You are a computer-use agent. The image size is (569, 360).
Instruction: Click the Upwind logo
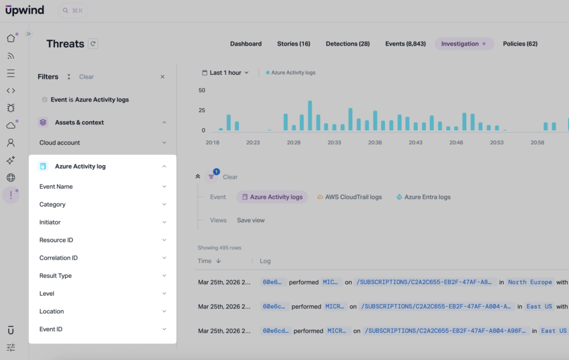pyautogui.click(x=24, y=10)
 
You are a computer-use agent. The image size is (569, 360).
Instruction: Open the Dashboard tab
pyautogui.click(x=246, y=44)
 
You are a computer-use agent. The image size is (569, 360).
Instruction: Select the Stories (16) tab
pyautogui.click(x=293, y=44)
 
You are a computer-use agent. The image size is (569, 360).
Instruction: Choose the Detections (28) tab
pyautogui.click(x=347, y=44)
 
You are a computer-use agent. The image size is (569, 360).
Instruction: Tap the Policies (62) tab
pyautogui.click(x=520, y=44)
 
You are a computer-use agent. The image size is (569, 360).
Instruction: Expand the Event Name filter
pyautogui.click(x=102, y=187)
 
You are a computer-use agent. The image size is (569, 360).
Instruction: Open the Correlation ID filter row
pyautogui.click(x=102, y=258)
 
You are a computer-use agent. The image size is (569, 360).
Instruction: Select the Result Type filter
pyautogui.click(x=102, y=276)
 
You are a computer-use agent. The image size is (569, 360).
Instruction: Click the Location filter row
pyautogui.click(x=102, y=311)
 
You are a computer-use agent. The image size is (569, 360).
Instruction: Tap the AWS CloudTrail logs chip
pyautogui.click(x=350, y=197)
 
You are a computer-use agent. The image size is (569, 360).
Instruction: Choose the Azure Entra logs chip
pyautogui.click(x=423, y=197)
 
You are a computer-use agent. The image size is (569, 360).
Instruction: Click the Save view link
pyautogui.click(x=251, y=221)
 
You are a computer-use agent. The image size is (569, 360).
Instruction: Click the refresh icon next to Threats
pyautogui.click(x=93, y=44)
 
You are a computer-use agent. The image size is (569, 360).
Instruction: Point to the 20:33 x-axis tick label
pyautogui.click(x=334, y=143)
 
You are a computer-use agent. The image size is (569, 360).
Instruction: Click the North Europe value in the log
pyautogui.click(x=530, y=282)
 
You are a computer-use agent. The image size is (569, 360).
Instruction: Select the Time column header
pyautogui.click(x=208, y=261)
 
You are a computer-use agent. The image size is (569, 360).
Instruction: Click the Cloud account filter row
pyautogui.click(x=102, y=143)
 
